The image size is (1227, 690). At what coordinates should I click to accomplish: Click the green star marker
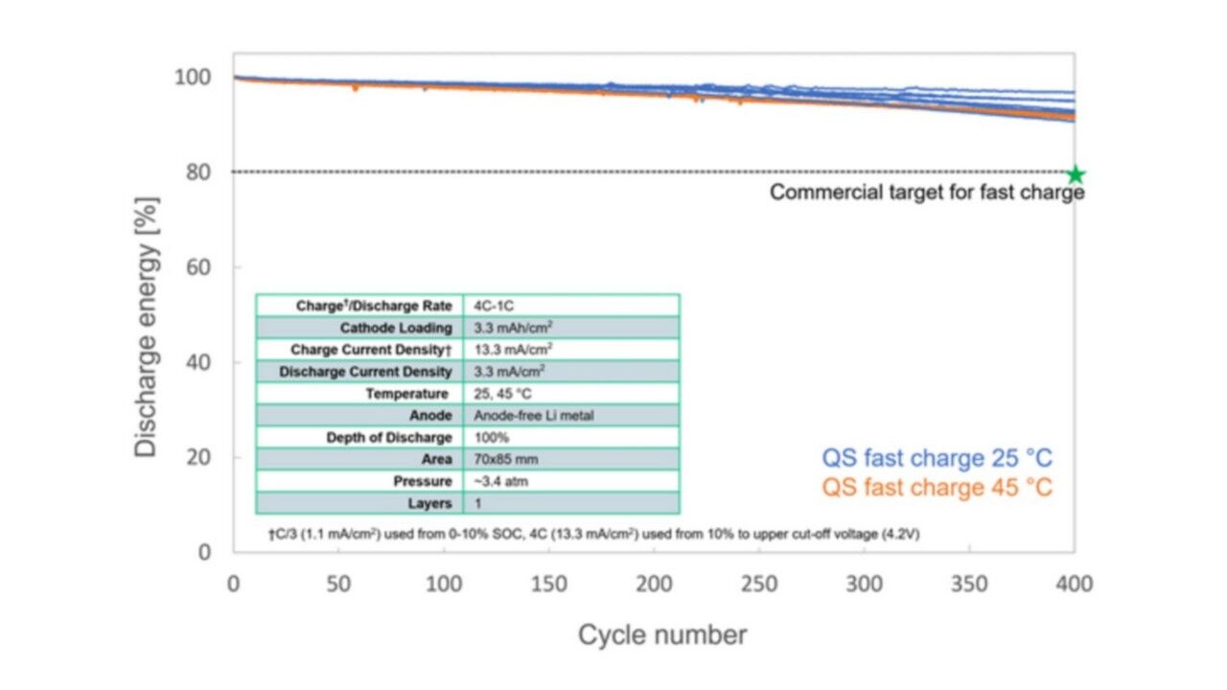[x=1076, y=174]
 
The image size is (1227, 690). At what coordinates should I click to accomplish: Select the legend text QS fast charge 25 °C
[x=937, y=458]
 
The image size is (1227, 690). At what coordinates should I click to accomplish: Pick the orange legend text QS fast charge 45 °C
[x=937, y=488]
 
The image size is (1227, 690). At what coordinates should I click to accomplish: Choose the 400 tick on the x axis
[x=1074, y=584]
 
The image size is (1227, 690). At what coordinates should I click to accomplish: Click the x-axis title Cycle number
[x=661, y=634]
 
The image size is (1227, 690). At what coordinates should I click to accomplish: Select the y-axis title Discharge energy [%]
[x=146, y=327]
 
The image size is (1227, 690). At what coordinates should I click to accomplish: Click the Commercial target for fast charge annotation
[x=927, y=193]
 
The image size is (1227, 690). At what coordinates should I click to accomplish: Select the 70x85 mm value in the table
[x=506, y=460]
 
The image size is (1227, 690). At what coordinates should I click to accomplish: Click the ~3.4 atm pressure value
[x=500, y=481]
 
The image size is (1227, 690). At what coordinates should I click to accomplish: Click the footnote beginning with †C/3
[x=593, y=534]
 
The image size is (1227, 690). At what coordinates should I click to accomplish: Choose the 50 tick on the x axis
[x=338, y=584]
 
